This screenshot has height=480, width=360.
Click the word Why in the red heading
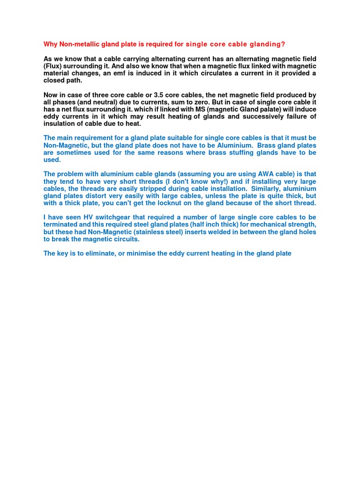pos(50,45)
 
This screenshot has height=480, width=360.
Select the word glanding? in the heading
pos(266,45)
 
